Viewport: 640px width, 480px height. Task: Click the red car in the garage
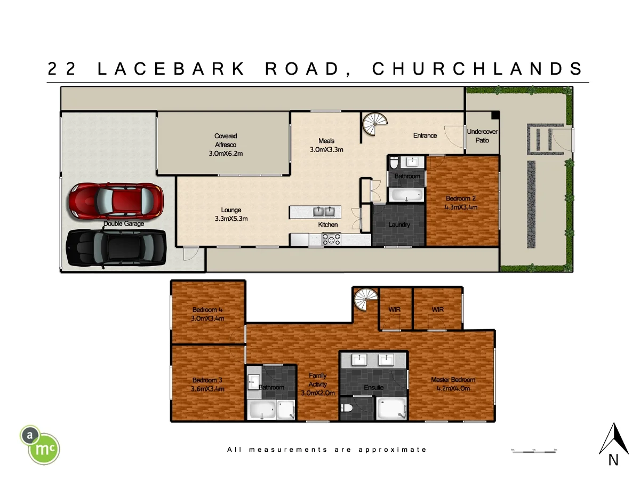115,200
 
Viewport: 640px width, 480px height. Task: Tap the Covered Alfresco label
226,145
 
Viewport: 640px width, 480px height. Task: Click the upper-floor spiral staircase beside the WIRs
365,300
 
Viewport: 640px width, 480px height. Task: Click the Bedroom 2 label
461,203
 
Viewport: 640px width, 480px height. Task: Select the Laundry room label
399,225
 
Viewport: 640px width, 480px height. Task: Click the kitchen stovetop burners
332,240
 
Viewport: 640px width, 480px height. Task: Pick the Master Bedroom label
453,384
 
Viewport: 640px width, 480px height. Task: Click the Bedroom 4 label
207,314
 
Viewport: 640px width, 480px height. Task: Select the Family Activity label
318,384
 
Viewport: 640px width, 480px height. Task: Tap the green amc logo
41,444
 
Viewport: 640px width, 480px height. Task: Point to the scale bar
533,451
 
